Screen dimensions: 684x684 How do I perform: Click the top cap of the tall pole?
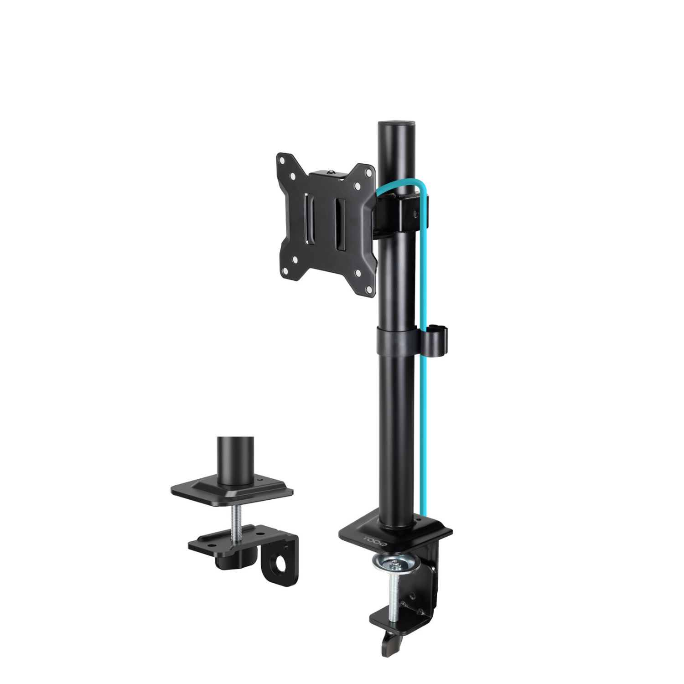(396, 124)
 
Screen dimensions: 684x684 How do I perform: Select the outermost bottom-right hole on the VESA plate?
(369, 288)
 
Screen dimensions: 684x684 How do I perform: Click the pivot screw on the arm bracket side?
(415, 212)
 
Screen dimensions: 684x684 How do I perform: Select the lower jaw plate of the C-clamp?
(392, 618)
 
